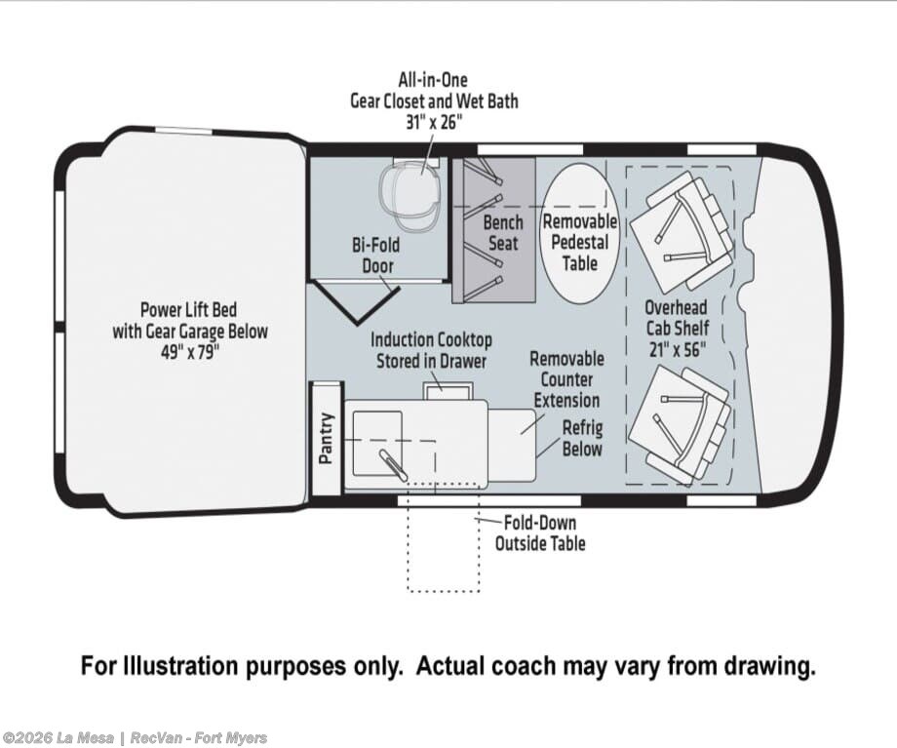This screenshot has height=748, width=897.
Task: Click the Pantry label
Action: coord(327,438)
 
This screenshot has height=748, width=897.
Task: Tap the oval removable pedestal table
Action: coord(580,230)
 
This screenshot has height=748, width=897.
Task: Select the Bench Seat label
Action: coord(503,233)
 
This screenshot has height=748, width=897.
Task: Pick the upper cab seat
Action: coord(681,225)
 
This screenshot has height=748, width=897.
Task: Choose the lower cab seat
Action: coord(680,423)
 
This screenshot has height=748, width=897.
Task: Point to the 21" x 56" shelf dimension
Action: coord(677,349)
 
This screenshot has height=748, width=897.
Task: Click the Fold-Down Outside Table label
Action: coord(540,532)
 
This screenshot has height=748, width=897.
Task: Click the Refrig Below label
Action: coord(582,438)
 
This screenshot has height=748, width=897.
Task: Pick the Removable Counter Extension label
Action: coord(566,379)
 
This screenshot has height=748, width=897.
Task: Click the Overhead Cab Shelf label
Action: coord(677,318)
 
